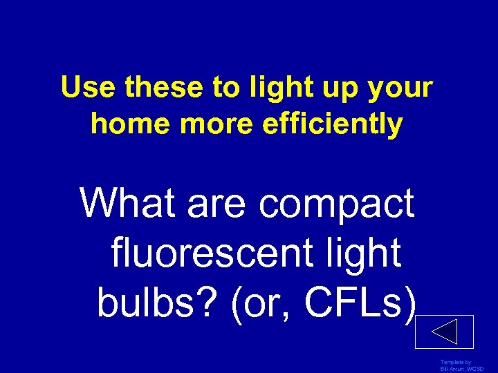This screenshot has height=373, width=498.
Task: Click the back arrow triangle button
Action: (x=444, y=332)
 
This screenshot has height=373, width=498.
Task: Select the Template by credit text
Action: (x=456, y=362)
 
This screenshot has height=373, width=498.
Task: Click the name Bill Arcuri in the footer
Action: (x=450, y=369)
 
